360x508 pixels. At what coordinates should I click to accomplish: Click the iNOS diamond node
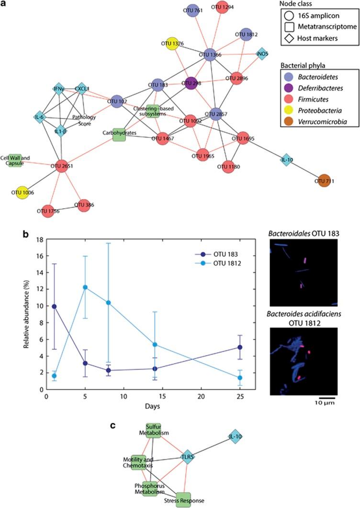point(262,53)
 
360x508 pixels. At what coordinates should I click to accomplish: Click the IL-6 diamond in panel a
point(39,116)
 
